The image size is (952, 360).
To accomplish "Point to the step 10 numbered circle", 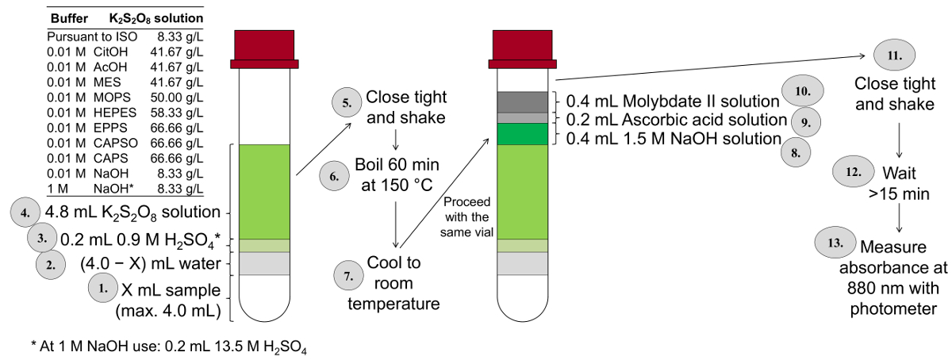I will point(803,91).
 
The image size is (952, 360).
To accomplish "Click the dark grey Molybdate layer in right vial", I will point(522,101).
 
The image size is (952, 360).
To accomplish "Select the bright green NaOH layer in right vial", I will point(522,134).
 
